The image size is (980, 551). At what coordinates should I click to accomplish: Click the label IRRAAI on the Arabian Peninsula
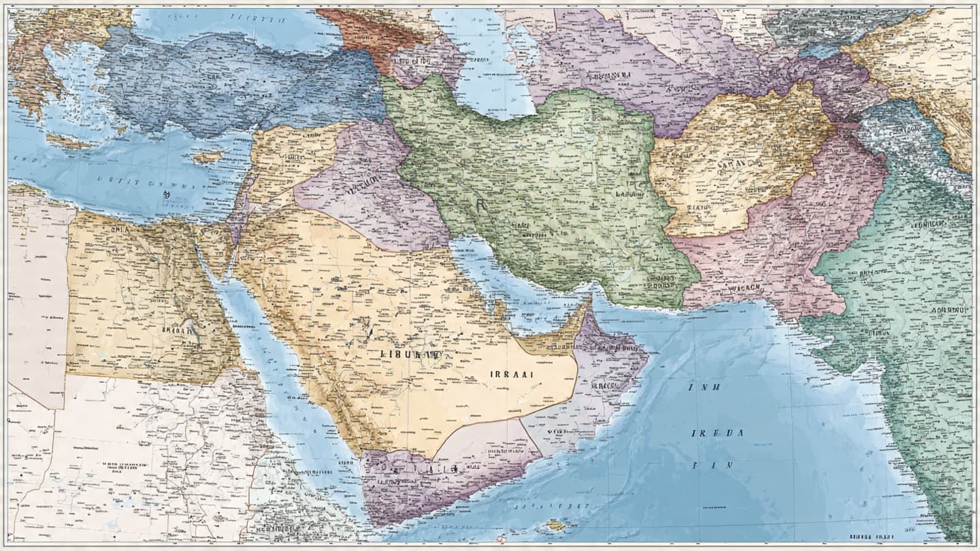pos(511,374)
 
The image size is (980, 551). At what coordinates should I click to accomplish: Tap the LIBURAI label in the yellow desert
pos(410,354)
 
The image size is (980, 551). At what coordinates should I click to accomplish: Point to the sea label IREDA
pos(712,433)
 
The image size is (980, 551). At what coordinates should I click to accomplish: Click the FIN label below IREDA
pos(712,466)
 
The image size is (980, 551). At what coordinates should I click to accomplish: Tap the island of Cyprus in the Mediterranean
pos(207,157)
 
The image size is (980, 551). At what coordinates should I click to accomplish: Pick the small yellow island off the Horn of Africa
pos(555,524)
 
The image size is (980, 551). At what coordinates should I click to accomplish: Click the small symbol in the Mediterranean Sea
pos(165,193)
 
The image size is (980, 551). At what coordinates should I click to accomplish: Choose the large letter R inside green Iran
pos(481,205)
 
